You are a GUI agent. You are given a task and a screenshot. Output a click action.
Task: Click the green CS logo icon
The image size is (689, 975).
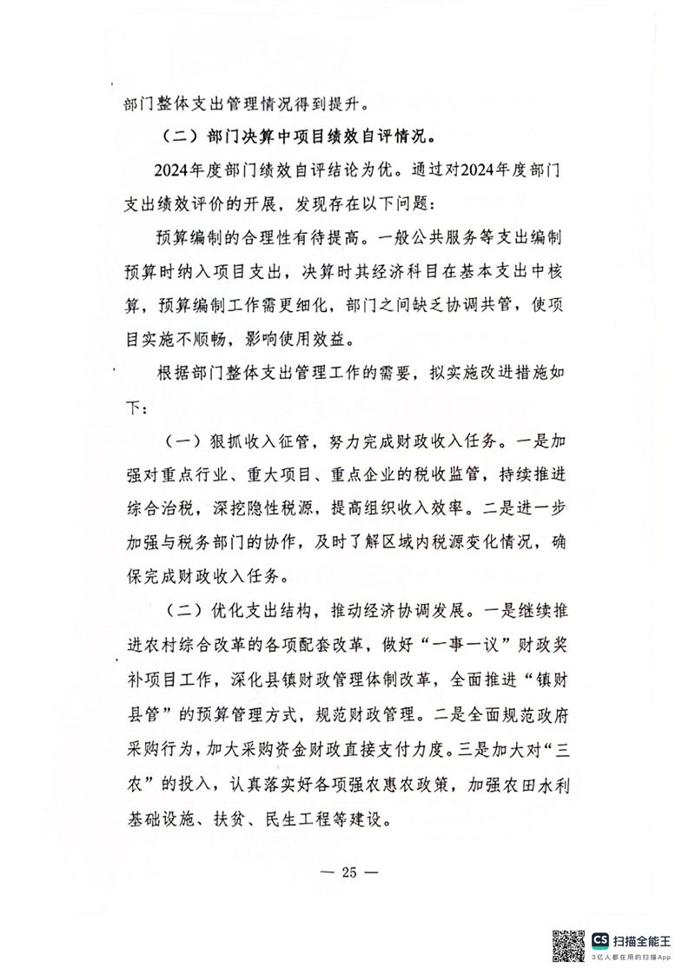[600, 940]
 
